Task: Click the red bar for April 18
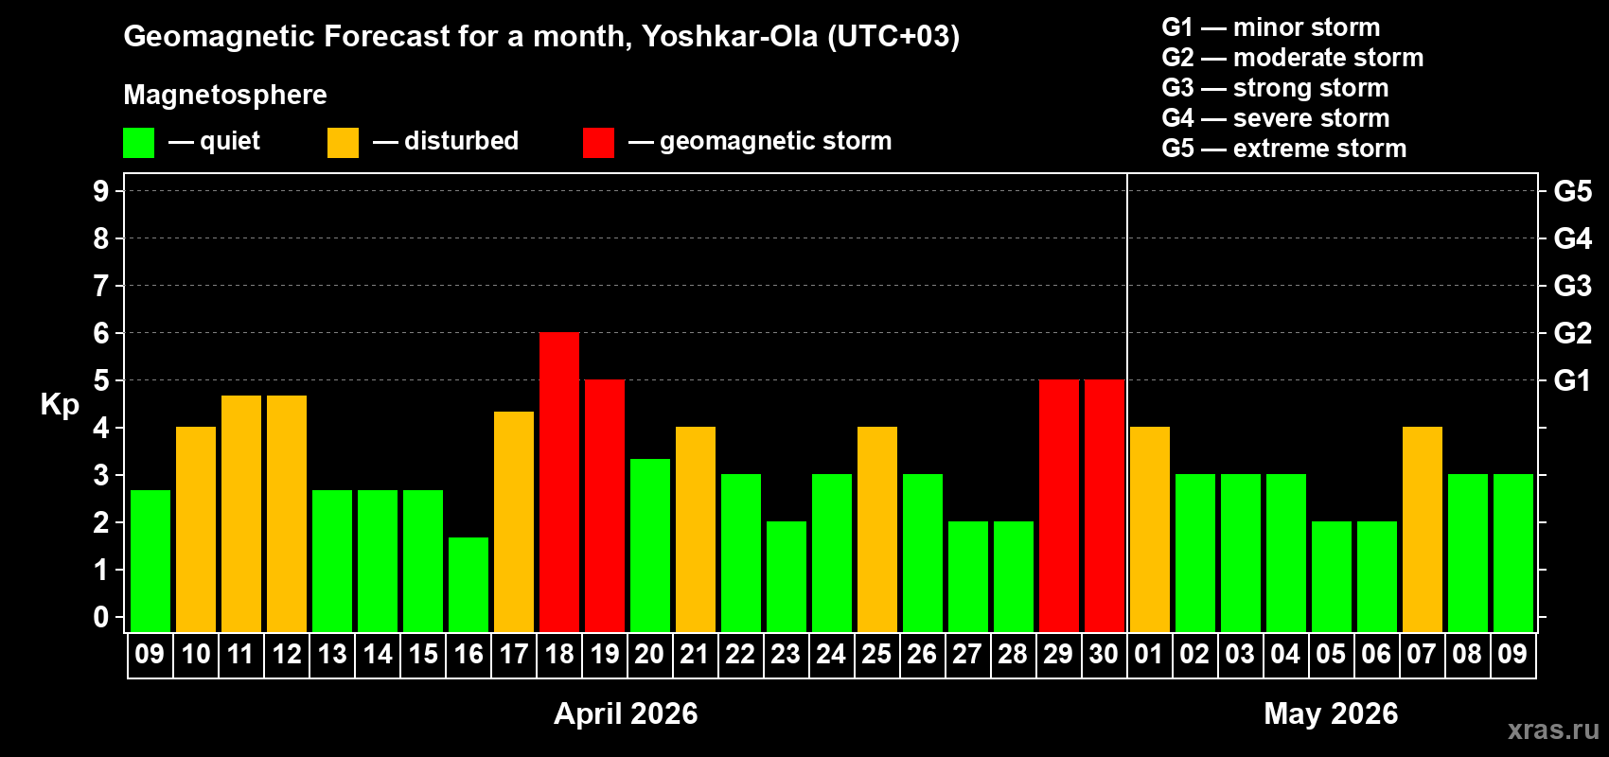tap(559, 482)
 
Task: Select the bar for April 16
tap(469, 584)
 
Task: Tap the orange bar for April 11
tap(241, 513)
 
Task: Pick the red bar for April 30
tap(1105, 505)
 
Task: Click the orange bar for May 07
tap(1423, 529)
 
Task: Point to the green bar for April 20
tap(650, 545)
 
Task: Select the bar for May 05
tap(1332, 576)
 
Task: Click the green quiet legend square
tap(139, 143)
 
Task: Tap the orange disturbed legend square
tap(343, 143)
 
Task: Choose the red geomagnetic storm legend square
tap(598, 143)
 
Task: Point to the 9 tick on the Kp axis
tap(101, 191)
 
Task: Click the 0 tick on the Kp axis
tap(101, 618)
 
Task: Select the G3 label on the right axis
tap(1572, 286)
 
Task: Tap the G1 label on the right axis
tap(1572, 380)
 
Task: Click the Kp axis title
tap(60, 405)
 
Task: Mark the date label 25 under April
tap(876, 654)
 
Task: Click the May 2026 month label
tap(1331, 713)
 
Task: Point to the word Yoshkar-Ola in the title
tap(730, 36)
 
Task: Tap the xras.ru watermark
tap(1553, 730)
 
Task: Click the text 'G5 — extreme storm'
tap(1283, 149)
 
